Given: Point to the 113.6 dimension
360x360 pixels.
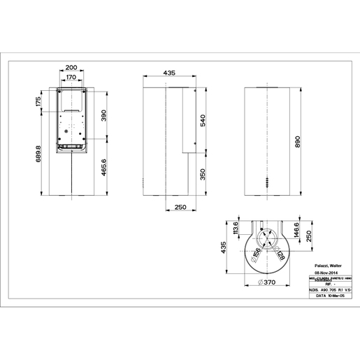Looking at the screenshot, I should [236, 230].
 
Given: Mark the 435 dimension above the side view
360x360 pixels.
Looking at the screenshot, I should [168, 72].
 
